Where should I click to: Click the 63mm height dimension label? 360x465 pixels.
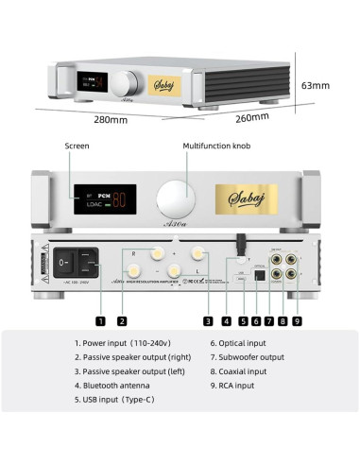click(315, 85)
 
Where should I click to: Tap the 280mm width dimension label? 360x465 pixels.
click(111, 120)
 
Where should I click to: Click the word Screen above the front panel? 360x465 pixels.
click(77, 146)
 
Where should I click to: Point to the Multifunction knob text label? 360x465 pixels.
click(218, 146)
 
